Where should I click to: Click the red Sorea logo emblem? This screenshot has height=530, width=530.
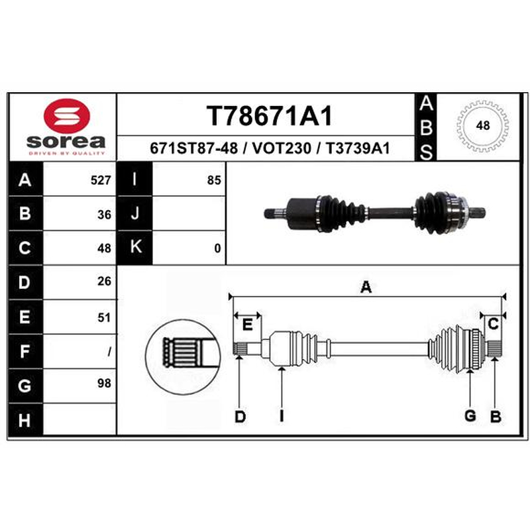67,115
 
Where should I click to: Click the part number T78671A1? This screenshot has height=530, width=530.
270,115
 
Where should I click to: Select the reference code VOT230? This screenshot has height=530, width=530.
282,148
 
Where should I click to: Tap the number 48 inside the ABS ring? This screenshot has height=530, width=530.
483,125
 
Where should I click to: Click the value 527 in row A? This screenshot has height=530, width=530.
101,180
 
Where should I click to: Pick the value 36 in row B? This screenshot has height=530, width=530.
104,215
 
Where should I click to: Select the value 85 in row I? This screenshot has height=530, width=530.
214,180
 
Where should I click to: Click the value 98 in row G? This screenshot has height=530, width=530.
104,384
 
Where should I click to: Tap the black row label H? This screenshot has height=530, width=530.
25,420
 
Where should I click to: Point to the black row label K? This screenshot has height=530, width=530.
134,247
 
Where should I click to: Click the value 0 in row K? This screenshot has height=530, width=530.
217,248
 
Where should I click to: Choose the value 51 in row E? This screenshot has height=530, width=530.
104,318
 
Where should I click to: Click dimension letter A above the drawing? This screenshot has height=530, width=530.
366,288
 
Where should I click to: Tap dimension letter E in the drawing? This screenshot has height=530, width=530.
248,325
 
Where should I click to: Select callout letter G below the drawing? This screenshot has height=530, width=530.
470,416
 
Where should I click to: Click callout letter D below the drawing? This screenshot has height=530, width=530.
240,417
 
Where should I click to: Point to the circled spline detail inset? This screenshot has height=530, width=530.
183,357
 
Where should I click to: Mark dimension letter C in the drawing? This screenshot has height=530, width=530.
493,324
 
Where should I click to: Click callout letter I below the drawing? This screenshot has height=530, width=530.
281,417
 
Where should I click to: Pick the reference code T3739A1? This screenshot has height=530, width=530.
358,148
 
